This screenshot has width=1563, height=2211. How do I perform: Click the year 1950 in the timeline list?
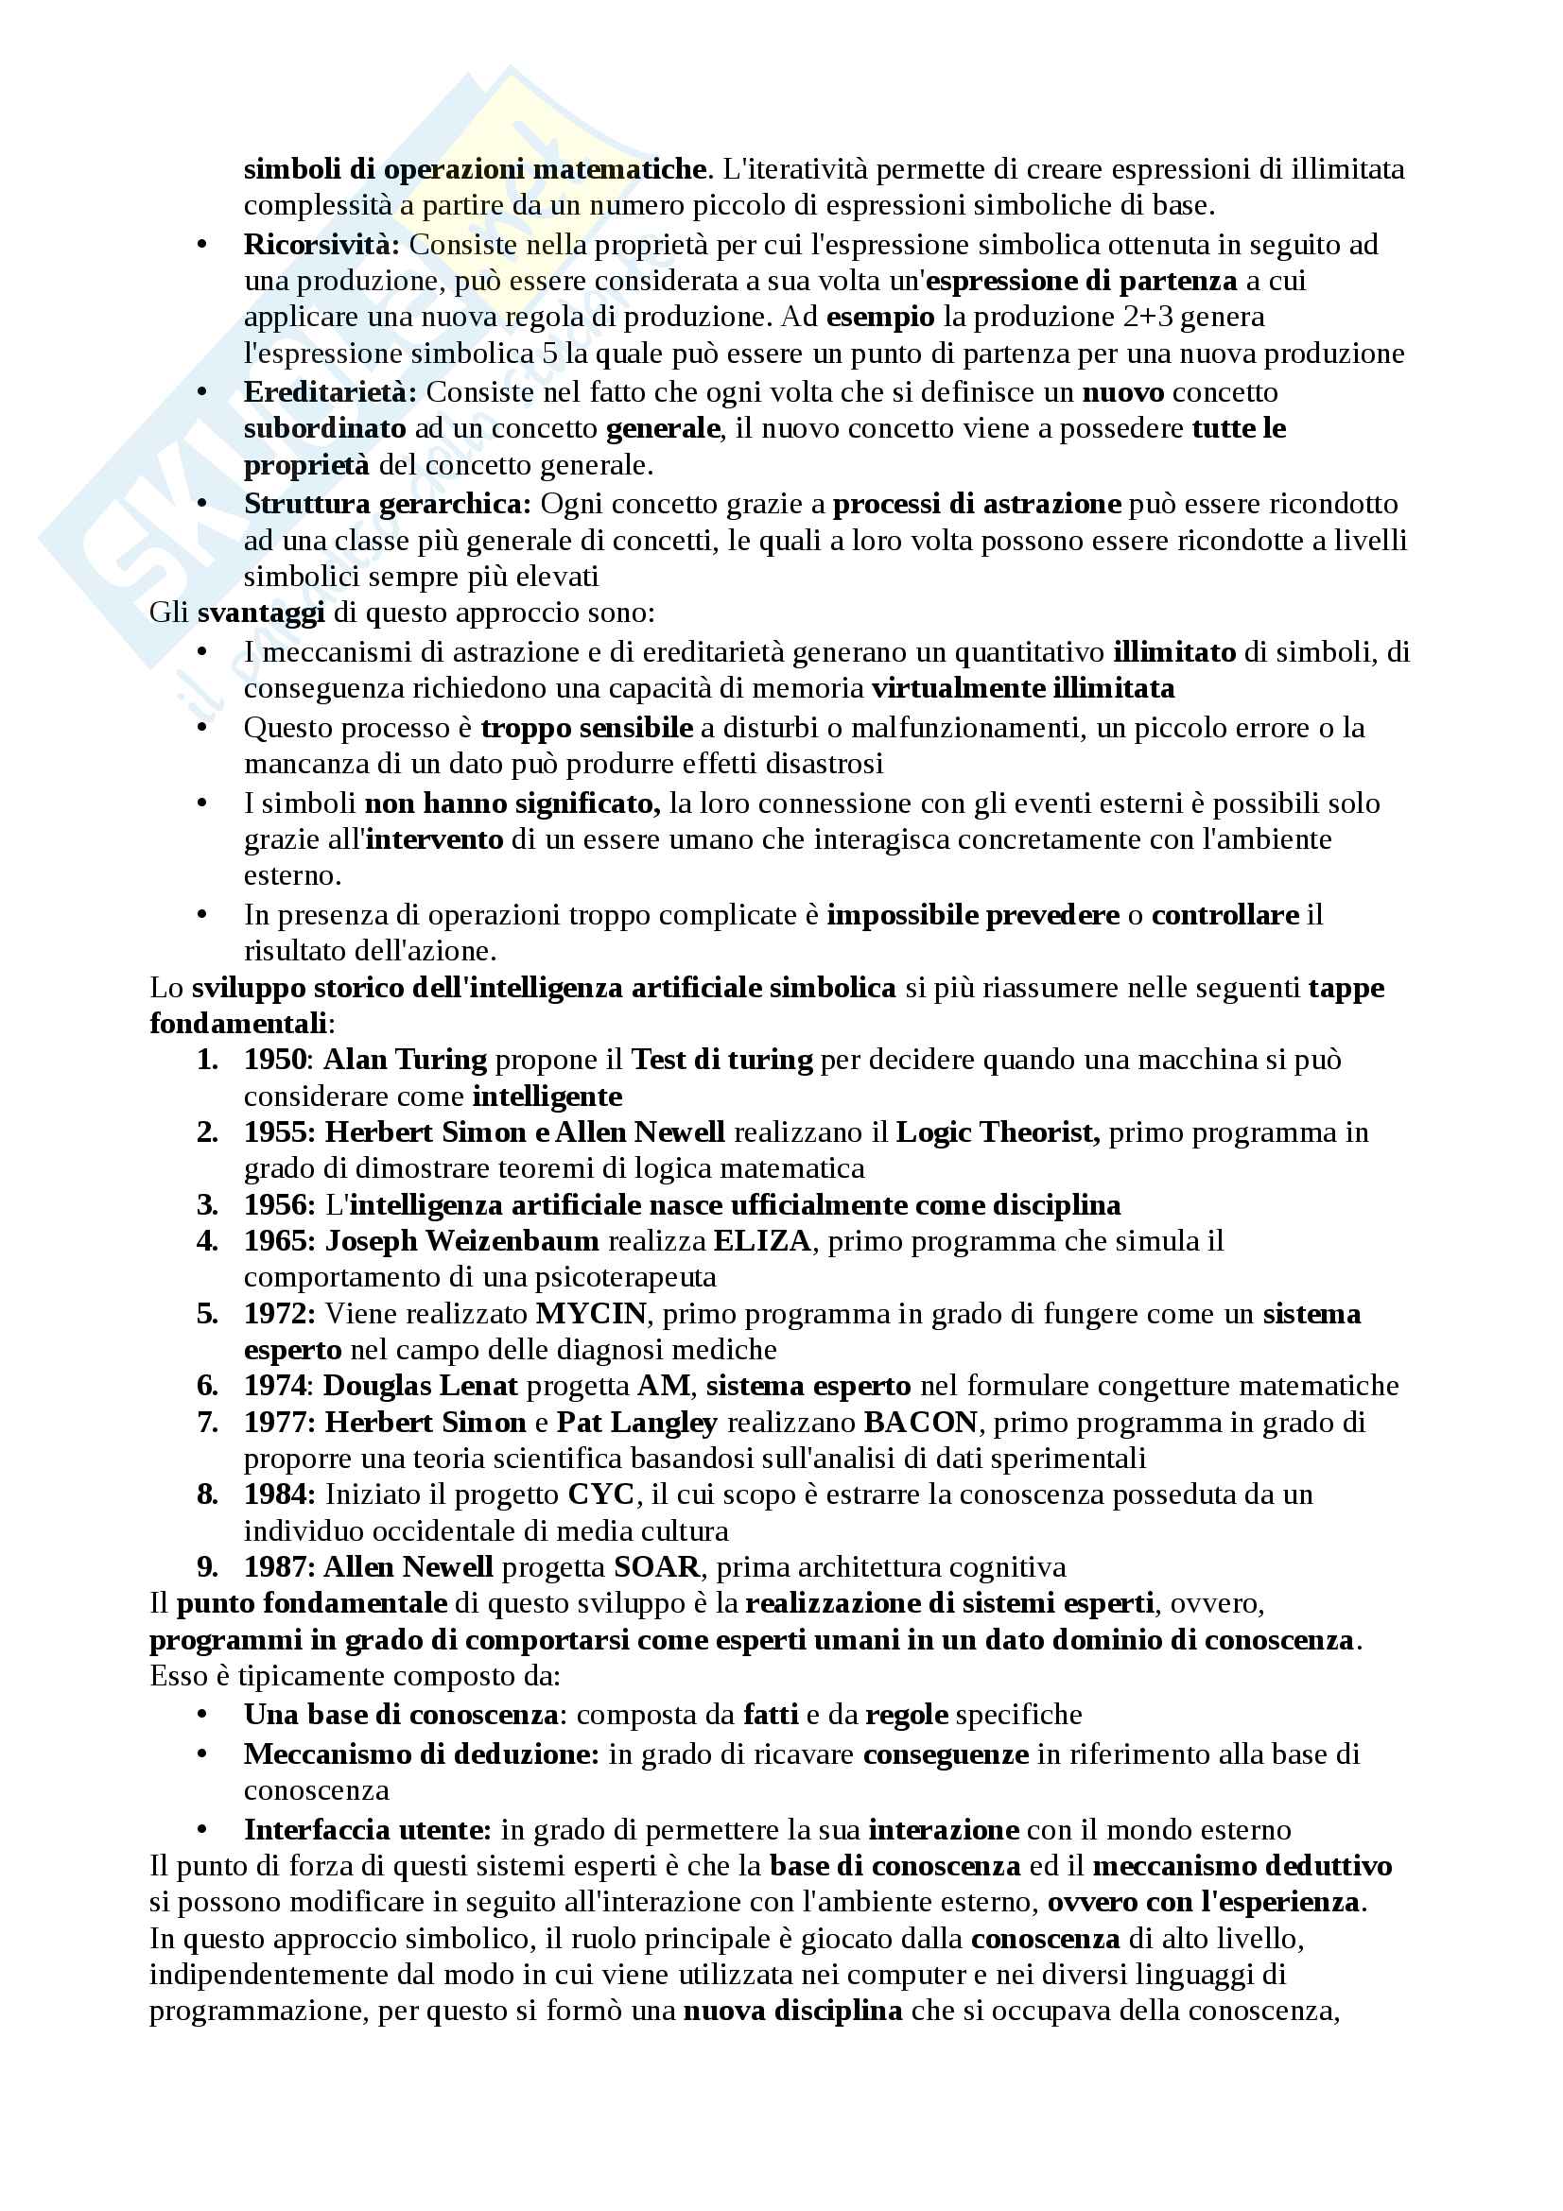[x=275, y=1060]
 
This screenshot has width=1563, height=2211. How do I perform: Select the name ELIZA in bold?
[x=762, y=1240]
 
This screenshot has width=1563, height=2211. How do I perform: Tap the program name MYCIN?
[x=590, y=1314]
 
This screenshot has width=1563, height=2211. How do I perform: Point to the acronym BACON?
[x=921, y=1423]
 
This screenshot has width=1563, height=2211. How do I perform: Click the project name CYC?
[x=601, y=1494]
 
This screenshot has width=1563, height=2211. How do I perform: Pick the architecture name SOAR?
[x=657, y=1566]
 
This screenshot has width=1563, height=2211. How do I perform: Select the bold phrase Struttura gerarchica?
[x=387, y=504]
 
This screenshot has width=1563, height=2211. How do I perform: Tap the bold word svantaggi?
[x=261, y=613]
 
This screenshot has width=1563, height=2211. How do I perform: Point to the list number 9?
[x=207, y=1566]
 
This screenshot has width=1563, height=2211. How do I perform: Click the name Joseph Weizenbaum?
[x=461, y=1240]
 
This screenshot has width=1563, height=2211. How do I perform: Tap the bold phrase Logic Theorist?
[x=998, y=1132]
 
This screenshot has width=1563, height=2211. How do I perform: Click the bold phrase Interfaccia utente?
[x=368, y=1830]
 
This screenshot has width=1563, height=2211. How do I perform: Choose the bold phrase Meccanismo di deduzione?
[x=422, y=1753]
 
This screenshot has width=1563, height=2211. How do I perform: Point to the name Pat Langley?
[x=636, y=1423]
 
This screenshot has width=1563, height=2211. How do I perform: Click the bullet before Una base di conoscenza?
[x=202, y=1715]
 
